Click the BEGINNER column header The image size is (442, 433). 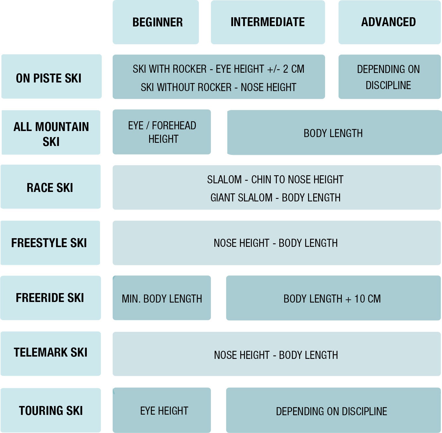(156, 22)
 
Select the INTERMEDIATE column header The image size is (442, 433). (268, 22)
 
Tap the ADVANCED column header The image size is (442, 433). (389, 22)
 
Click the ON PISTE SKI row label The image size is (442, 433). (51, 76)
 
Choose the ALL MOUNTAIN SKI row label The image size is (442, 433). (51, 132)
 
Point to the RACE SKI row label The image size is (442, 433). (51, 187)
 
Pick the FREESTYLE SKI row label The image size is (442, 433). (50, 243)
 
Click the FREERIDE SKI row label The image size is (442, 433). (51, 298)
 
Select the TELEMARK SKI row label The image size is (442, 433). (51, 354)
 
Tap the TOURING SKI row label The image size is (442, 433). (51, 410)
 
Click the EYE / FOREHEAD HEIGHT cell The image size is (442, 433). (162, 132)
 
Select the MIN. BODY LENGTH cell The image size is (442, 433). (162, 298)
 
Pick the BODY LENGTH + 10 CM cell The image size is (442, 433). (333, 298)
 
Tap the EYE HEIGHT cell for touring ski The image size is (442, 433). (162, 410)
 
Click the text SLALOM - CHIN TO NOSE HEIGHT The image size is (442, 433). (275, 180)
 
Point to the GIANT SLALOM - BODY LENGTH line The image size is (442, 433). (275, 198)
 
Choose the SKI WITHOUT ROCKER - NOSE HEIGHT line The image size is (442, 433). (218, 87)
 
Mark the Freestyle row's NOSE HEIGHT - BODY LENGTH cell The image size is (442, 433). (276, 243)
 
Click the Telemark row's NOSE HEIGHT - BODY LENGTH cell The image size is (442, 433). (276, 354)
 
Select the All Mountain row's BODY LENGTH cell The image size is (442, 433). (334, 132)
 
